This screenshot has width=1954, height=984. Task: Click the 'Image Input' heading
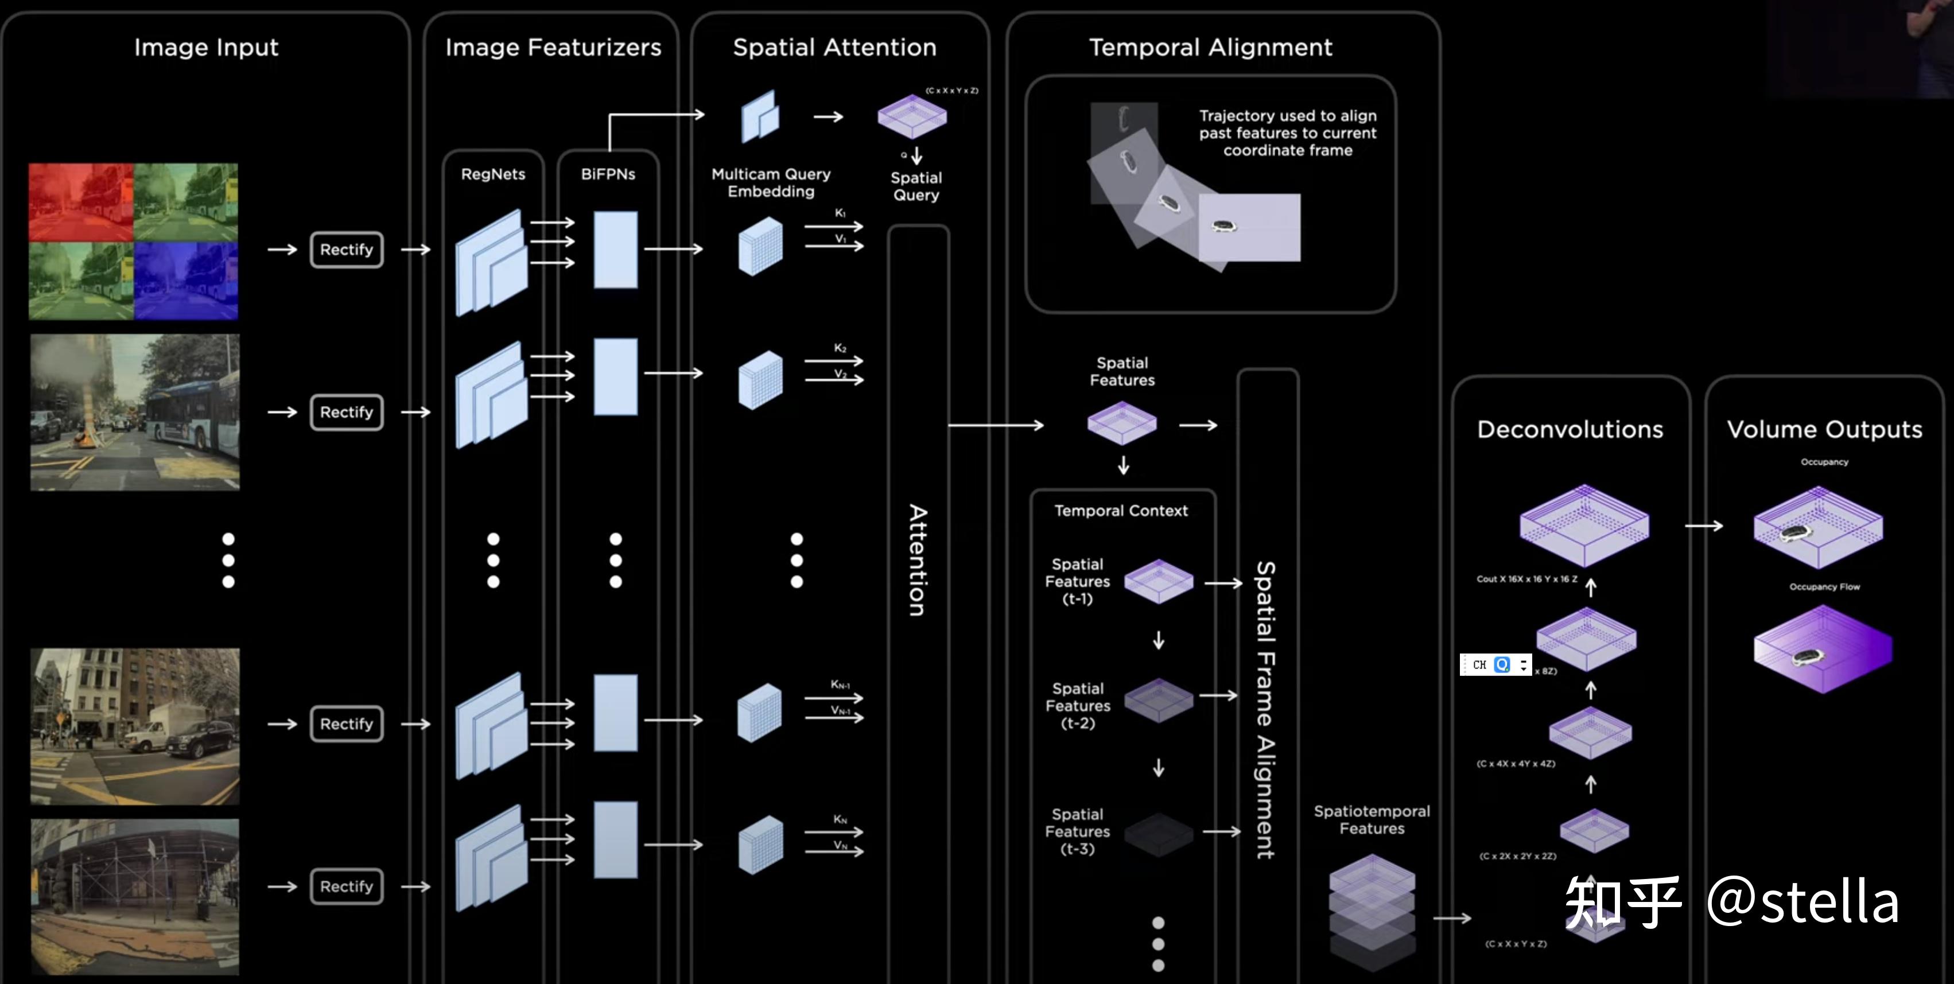(207, 48)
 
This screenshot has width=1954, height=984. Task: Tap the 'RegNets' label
(493, 174)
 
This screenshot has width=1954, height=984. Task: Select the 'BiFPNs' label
(608, 174)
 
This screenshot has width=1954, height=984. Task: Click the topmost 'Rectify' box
(347, 250)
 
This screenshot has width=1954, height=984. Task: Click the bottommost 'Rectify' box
(347, 886)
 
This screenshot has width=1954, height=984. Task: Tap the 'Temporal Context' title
(1121, 511)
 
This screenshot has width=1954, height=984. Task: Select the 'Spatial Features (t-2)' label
(1078, 706)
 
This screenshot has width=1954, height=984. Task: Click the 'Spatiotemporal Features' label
(1372, 820)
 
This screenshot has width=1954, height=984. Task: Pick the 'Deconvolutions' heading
(1570, 429)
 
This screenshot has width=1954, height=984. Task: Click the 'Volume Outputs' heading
(1824, 429)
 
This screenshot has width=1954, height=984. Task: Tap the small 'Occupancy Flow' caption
(1824, 586)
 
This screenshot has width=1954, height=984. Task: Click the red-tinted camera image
(81, 203)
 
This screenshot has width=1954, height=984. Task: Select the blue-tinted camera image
(186, 281)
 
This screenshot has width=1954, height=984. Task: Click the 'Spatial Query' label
(916, 186)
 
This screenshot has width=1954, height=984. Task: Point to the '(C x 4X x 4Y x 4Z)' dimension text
(1516, 764)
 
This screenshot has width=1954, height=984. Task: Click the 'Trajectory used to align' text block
(1287, 133)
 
